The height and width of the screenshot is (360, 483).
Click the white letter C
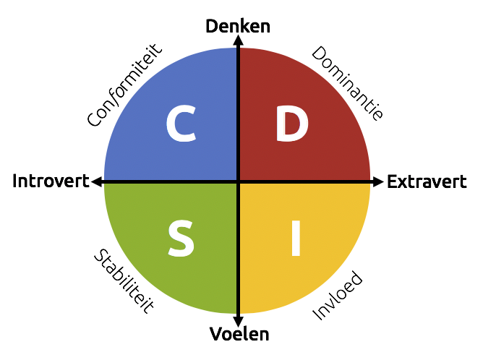click(x=181, y=124)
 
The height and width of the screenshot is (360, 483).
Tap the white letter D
click(x=292, y=124)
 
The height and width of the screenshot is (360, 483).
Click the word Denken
click(x=238, y=27)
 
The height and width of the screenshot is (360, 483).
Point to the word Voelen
click(x=239, y=334)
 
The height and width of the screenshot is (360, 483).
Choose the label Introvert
click(x=50, y=181)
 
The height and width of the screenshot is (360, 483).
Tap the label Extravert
click(x=427, y=181)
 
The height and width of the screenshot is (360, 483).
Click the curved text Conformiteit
click(x=125, y=85)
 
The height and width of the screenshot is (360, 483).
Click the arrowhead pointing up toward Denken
click(x=238, y=41)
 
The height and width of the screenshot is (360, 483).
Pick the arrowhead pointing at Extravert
click(x=378, y=181)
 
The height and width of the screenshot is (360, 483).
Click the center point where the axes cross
click(x=238, y=181)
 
